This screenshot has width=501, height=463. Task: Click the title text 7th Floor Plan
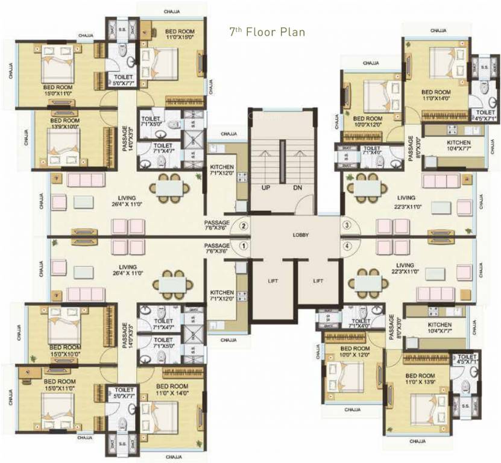coord(266,31)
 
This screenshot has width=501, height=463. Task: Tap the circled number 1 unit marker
coord(244,246)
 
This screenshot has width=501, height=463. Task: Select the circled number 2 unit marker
coord(244,227)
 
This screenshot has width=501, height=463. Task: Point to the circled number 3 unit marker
coord(347,225)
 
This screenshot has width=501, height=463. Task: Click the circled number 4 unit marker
coord(347,246)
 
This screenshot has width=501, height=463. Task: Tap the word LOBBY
coord(301,236)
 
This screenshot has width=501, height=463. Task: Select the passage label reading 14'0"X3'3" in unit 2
coord(125,139)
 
